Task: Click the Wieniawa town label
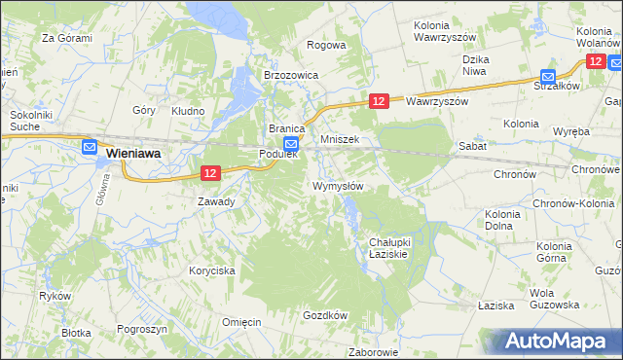click(x=133, y=154)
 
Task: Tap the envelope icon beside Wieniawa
click(x=90, y=148)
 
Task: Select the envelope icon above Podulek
click(x=277, y=143)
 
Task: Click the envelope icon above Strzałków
click(x=548, y=77)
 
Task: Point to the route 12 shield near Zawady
click(x=210, y=172)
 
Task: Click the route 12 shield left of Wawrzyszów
click(x=380, y=101)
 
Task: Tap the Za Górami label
click(x=66, y=38)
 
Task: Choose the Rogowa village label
click(x=326, y=45)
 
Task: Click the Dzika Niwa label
click(x=475, y=64)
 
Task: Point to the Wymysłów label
click(x=338, y=186)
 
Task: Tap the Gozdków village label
click(x=325, y=315)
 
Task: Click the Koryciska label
click(x=212, y=271)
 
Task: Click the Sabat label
click(x=473, y=145)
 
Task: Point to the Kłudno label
click(x=188, y=111)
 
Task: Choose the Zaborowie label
click(x=374, y=352)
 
